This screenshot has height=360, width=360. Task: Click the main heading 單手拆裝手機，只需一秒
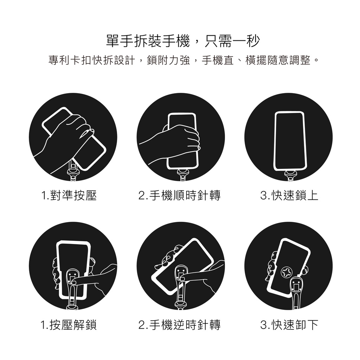pyautogui.click(x=183, y=41)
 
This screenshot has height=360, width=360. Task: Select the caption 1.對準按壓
pyautogui.click(x=69, y=195)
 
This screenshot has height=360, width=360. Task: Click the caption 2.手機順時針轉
pyautogui.click(x=179, y=195)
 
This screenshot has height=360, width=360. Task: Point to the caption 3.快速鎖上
pyautogui.click(x=289, y=195)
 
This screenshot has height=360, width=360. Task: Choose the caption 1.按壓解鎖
pyautogui.click(x=69, y=324)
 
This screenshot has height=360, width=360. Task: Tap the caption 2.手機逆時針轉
pyautogui.click(x=179, y=324)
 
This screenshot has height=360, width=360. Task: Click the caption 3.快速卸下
pyautogui.click(x=289, y=324)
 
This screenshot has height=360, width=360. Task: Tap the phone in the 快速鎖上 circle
pyautogui.click(x=290, y=141)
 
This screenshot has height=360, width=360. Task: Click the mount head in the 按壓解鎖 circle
pyautogui.click(x=73, y=277)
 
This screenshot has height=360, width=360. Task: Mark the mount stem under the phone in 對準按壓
pyautogui.click(x=73, y=171)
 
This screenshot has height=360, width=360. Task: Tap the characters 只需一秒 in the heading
pyautogui.click(x=232, y=41)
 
